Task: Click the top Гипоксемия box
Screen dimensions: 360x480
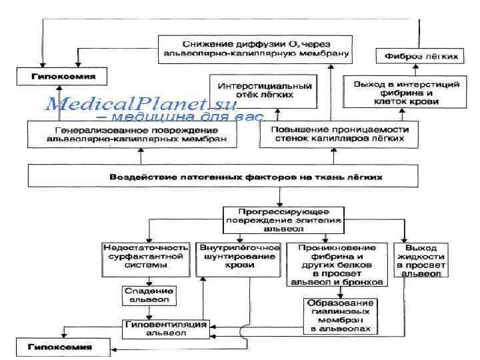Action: [x=57, y=77]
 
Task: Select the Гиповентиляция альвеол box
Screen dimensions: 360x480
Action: [x=166, y=329]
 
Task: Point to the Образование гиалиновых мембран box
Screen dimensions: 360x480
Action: [x=339, y=315]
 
